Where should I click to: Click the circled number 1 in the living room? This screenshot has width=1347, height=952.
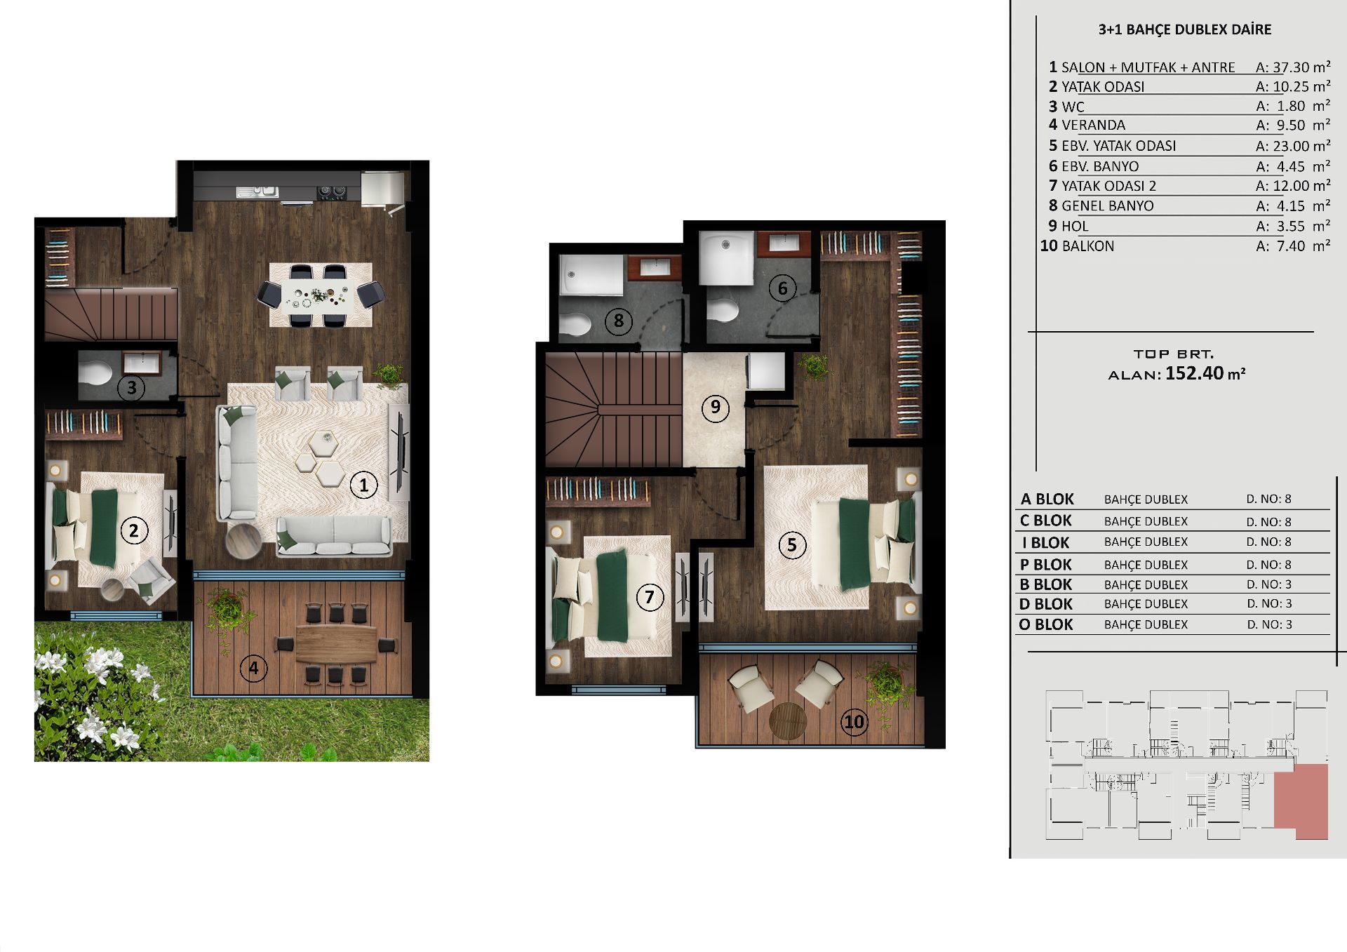click(363, 485)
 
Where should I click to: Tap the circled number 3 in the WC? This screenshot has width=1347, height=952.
click(131, 387)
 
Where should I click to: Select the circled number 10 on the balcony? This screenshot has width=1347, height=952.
click(854, 721)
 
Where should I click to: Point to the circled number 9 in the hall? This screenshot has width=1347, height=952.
click(716, 408)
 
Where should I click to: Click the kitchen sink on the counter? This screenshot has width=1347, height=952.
click(257, 191)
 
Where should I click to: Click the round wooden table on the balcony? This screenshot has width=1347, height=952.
click(788, 720)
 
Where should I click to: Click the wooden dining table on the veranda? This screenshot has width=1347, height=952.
click(337, 644)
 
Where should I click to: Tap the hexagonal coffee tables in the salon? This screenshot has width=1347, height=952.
click(323, 458)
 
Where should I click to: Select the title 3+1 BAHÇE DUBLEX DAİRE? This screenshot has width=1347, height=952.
click(1185, 29)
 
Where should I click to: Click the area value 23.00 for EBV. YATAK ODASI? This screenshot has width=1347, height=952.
click(1291, 146)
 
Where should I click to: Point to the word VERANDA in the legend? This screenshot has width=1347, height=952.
click(1093, 125)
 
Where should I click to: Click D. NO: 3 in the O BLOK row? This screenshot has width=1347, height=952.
click(1269, 624)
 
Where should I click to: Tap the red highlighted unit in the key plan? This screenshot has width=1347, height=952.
click(1301, 799)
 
